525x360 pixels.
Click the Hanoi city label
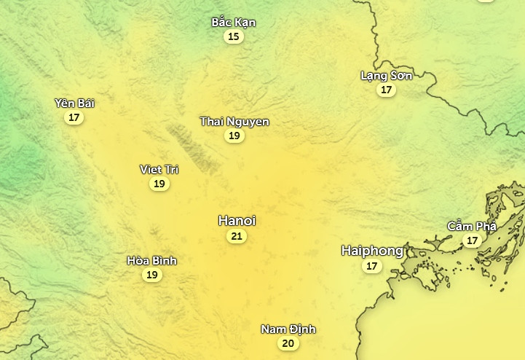(237, 220)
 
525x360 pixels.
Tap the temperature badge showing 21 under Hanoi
(237, 236)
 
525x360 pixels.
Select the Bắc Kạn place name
(234, 22)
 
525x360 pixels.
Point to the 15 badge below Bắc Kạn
(234, 36)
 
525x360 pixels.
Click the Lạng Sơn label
(387, 76)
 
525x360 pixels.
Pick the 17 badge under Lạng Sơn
(387, 90)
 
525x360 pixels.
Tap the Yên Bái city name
(74, 103)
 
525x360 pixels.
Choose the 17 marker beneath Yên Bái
(74, 117)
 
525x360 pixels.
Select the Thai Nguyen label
(234, 122)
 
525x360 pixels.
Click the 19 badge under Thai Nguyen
(234, 136)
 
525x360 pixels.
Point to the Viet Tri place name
(159, 169)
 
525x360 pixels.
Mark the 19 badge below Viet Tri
(159, 184)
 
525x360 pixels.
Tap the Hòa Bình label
(152, 260)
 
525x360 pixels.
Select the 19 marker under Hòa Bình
(152, 275)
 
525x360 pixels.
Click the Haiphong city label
(372, 251)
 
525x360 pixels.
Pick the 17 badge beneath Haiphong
(372, 266)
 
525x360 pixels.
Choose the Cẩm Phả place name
(473, 226)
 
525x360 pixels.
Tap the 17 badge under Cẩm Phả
(473, 240)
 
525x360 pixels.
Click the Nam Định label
(288, 329)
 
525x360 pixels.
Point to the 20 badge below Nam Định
(288, 344)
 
